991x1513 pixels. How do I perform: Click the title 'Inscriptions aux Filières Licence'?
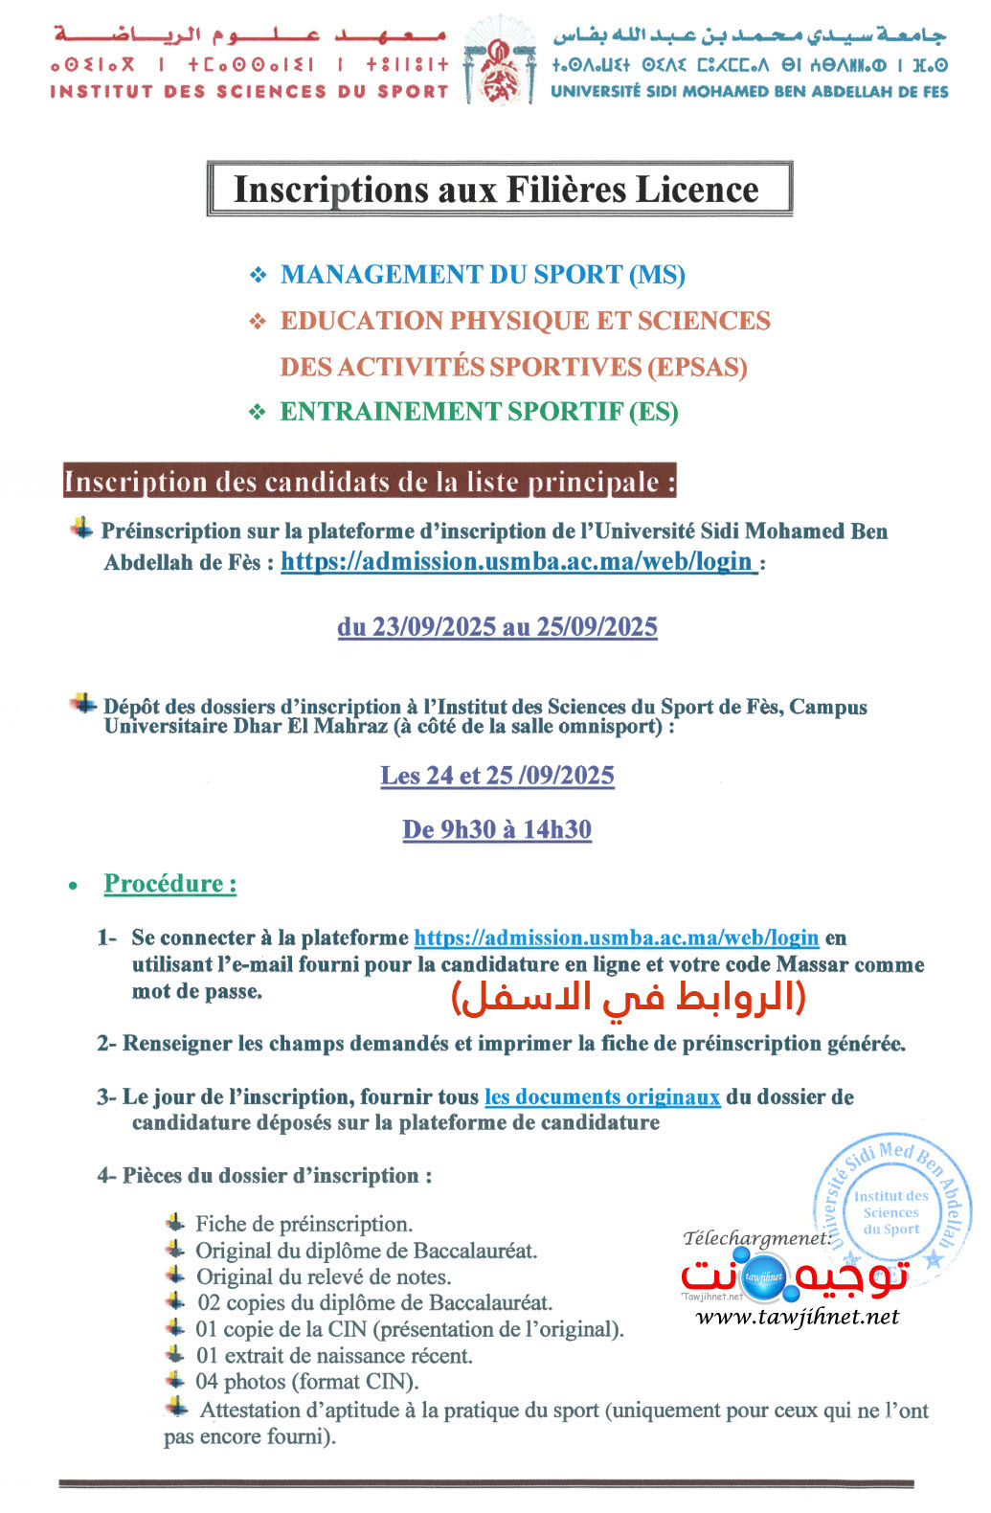[x=496, y=190]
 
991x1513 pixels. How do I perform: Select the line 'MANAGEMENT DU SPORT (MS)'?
[x=482, y=275]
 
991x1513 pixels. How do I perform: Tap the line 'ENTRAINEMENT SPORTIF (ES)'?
[x=478, y=412]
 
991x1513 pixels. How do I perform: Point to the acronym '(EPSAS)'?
[x=697, y=367]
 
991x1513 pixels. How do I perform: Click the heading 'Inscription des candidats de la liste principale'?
[x=370, y=482]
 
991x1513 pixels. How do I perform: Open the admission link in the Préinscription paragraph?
[x=517, y=561]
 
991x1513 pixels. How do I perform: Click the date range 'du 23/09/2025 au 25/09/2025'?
[x=497, y=627]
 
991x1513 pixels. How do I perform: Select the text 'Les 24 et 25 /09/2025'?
[x=497, y=776]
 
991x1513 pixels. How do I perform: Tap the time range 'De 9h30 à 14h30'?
[x=497, y=829]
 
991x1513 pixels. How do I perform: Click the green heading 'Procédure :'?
[x=170, y=884]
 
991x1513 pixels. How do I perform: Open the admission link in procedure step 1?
[x=616, y=937]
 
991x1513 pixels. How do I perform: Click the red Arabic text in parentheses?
[x=628, y=997]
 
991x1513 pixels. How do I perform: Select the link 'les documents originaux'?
[x=601, y=1096]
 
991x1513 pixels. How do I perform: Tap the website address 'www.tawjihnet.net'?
[x=797, y=1317]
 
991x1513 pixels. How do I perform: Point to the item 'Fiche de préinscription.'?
[x=304, y=1224]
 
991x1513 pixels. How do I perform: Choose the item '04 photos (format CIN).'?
[x=306, y=1381]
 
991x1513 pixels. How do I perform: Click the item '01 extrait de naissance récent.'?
[x=334, y=1355]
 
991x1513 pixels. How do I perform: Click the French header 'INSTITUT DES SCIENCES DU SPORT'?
[x=249, y=92]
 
